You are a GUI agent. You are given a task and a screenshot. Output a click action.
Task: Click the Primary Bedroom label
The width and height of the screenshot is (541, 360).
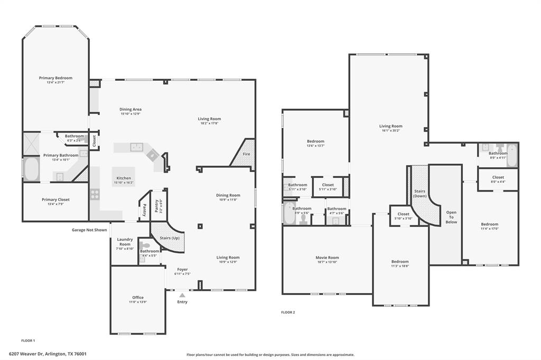(55, 78)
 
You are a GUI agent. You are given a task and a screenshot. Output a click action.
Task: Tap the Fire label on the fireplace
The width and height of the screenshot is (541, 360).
(246, 154)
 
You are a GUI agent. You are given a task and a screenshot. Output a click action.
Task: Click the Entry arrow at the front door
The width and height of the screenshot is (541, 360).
(182, 296)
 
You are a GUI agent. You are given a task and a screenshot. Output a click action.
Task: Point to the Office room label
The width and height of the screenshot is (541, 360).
(138, 298)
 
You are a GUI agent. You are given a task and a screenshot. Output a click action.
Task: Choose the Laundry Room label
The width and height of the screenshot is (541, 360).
(125, 242)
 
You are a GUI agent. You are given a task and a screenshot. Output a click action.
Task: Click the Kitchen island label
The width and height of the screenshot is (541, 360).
(123, 178)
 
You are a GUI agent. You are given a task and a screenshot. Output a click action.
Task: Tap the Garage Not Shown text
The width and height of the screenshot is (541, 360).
(89, 230)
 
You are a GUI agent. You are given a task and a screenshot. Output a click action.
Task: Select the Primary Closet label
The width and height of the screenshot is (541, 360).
(55, 200)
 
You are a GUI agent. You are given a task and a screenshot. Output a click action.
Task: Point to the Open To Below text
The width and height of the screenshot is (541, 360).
(451, 217)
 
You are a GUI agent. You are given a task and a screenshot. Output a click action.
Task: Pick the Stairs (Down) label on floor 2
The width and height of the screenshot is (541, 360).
(420, 193)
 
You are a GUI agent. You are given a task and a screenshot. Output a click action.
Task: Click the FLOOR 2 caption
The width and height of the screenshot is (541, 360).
(288, 312)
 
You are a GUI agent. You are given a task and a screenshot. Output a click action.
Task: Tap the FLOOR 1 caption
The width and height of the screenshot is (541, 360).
(28, 340)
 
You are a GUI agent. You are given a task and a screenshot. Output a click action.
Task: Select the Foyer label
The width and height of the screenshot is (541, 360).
(182, 269)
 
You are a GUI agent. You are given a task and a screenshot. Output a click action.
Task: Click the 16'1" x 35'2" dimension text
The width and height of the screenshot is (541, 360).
(390, 131)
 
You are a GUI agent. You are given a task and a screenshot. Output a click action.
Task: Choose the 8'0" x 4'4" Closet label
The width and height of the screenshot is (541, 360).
(498, 179)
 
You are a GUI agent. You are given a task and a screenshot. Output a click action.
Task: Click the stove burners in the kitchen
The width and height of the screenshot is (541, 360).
(95, 194)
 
